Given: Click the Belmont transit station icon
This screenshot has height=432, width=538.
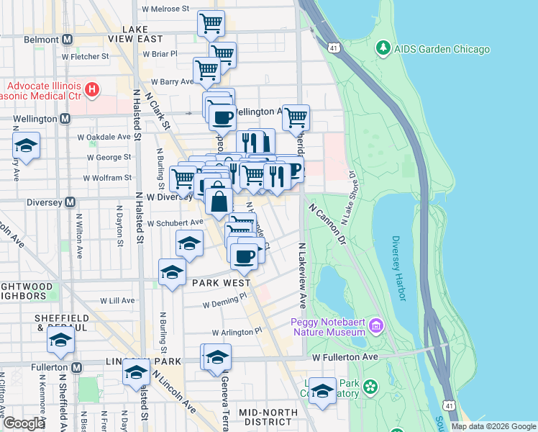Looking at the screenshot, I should (67, 40).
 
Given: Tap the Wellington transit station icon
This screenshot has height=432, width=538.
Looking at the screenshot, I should (65, 118).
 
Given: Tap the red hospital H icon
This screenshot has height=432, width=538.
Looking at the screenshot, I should (91, 90).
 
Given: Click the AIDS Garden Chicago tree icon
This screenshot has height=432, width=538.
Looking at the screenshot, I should (383, 49).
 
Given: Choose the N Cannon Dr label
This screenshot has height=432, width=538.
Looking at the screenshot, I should (327, 224).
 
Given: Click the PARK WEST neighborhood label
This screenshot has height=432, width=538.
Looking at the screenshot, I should (220, 283).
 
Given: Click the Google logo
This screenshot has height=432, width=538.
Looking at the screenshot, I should (24, 423).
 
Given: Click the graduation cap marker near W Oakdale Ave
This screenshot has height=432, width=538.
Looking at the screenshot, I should (26, 146).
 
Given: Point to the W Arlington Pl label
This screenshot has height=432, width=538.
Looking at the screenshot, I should (237, 332).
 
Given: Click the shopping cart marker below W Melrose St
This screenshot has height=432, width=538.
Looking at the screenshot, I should (211, 23).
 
